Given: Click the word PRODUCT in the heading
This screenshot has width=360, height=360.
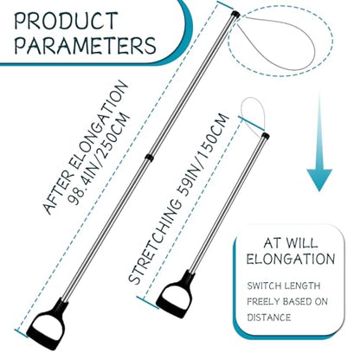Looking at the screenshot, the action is tap(66, 21).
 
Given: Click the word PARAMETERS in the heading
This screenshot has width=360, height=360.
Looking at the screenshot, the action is tap(86, 45).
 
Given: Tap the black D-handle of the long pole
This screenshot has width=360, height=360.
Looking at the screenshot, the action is tap(48, 325).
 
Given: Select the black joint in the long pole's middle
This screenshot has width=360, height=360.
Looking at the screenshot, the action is tap(149, 157).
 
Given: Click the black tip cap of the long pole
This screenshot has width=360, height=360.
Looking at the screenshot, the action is tap(235, 14).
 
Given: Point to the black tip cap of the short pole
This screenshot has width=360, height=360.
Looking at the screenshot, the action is tap(266, 136).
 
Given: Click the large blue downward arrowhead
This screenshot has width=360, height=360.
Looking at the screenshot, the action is tap(319, 180).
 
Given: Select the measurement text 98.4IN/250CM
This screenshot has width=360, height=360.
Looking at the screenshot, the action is tap(100, 158).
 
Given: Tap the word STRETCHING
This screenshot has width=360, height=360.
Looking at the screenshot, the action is tap(155, 241).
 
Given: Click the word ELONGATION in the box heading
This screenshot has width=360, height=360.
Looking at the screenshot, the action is tap(291, 259).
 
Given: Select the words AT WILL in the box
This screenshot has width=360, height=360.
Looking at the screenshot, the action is tap(291, 243).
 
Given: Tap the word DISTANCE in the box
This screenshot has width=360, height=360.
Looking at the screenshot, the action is tap(269, 318).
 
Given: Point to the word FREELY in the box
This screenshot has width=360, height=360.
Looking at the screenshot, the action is tap(263, 302).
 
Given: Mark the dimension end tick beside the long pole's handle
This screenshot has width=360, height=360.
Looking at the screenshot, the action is tap(22, 333).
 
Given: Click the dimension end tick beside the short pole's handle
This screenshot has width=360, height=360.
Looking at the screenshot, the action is tap(148, 303).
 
